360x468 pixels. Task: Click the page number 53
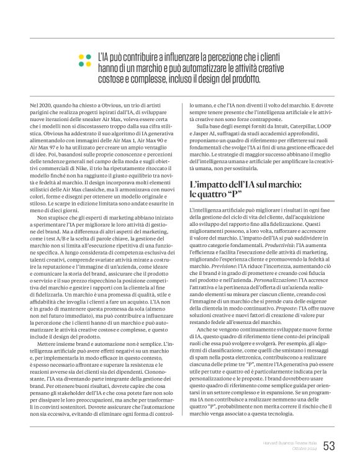tap(329, 445)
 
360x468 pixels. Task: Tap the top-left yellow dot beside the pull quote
tap(81, 56)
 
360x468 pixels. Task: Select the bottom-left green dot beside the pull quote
tap(81, 64)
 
